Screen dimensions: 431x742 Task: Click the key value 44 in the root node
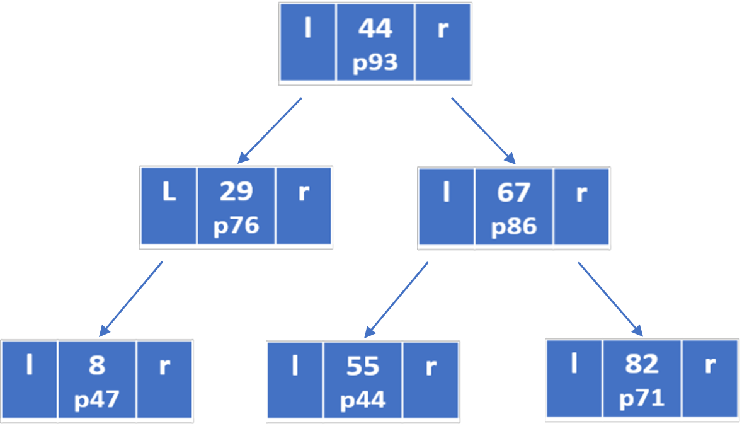pyautogui.click(x=375, y=29)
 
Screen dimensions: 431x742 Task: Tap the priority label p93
pyautogui.click(x=375, y=63)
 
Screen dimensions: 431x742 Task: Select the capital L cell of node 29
pyautogui.click(x=168, y=205)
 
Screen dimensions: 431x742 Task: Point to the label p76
pyautogui.click(x=236, y=226)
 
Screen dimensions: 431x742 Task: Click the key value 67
pyautogui.click(x=513, y=192)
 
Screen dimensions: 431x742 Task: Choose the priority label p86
pyautogui.click(x=513, y=226)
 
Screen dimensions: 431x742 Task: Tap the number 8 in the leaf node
pyautogui.click(x=97, y=365)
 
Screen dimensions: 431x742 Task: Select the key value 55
pyautogui.click(x=363, y=366)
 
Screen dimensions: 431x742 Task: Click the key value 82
pyautogui.click(x=641, y=364)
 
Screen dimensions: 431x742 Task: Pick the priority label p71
pyautogui.click(x=641, y=399)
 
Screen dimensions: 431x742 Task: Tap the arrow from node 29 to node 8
pyautogui.click(x=131, y=298)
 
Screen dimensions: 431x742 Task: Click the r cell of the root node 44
pyautogui.click(x=443, y=42)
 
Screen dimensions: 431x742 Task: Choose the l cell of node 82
pyautogui.click(x=574, y=378)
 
